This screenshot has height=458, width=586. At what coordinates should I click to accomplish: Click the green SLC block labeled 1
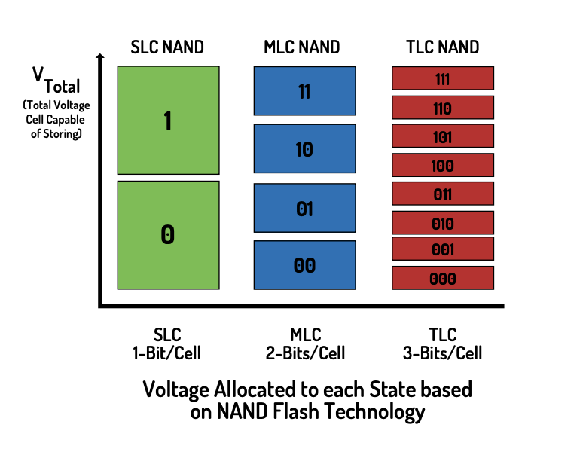(168, 121)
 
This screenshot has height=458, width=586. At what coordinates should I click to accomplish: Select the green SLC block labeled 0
(168, 234)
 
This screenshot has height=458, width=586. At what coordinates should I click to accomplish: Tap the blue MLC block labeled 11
(304, 91)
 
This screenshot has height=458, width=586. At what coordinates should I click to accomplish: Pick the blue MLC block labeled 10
(304, 149)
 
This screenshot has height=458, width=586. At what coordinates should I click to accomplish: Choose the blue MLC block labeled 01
(304, 208)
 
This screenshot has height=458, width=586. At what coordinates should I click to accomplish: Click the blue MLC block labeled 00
(304, 265)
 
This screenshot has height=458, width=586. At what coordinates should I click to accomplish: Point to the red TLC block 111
(443, 79)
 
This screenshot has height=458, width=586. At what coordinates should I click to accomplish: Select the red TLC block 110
(443, 108)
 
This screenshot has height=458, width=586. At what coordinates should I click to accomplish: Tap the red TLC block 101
(443, 136)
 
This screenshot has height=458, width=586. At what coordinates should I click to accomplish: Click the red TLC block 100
(443, 165)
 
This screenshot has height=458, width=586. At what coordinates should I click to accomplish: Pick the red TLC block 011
(443, 194)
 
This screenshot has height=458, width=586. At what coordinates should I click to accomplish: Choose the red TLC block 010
(443, 222)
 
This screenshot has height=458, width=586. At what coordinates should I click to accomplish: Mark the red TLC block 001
(443, 249)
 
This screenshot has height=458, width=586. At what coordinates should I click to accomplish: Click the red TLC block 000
(443, 278)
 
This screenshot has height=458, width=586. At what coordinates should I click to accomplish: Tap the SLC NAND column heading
(166, 47)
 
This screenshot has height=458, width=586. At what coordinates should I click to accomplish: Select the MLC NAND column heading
(302, 47)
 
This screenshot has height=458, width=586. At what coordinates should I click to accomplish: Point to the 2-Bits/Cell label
(304, 353)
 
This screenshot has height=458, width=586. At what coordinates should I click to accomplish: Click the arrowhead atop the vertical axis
(100, 57)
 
